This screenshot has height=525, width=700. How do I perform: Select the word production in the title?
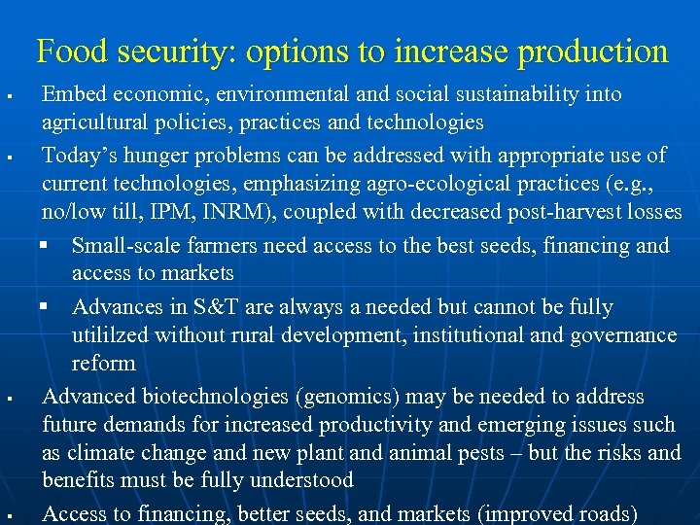[x=592, y=51]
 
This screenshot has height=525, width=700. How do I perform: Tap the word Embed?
[x=72, y=95]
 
